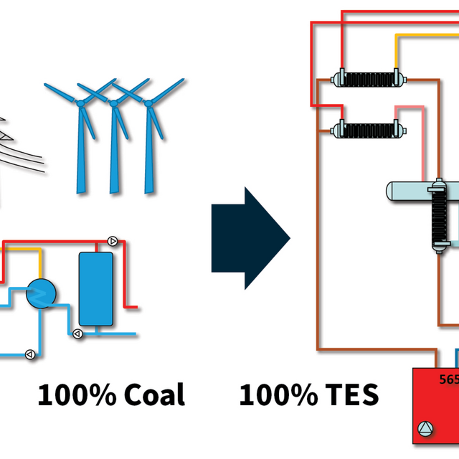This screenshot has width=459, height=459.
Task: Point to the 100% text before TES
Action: point(277,394)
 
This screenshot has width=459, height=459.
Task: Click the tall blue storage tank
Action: point(95,288)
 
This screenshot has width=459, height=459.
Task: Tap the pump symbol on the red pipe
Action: point(112,241)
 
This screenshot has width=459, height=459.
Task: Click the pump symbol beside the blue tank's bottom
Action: point(78,333)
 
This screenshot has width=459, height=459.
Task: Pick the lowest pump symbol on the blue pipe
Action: point(30,354)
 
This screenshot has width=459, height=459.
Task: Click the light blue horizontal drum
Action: point(405,191)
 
